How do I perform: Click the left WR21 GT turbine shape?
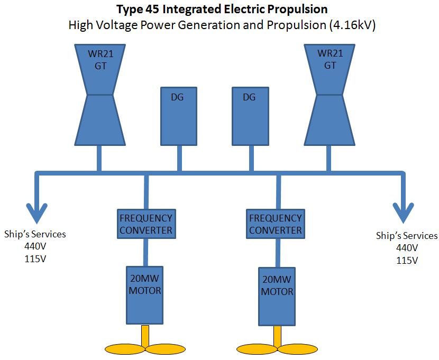tap(98, 95)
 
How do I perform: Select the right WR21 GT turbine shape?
tap(330, 95)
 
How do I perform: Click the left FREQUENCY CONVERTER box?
tap(145, 224)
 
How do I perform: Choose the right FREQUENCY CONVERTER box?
tap(275, 224)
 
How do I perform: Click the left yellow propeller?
tap(145, 347)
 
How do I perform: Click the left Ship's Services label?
tap(35, 234)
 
